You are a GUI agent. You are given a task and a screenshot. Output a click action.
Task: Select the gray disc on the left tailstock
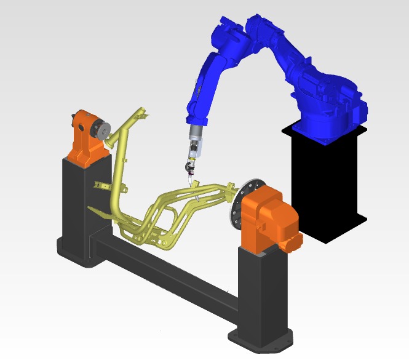point(102,130)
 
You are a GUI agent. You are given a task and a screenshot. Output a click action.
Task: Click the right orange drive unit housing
point(264,218)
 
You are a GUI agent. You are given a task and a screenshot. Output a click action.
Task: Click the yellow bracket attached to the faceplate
point(229,187)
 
